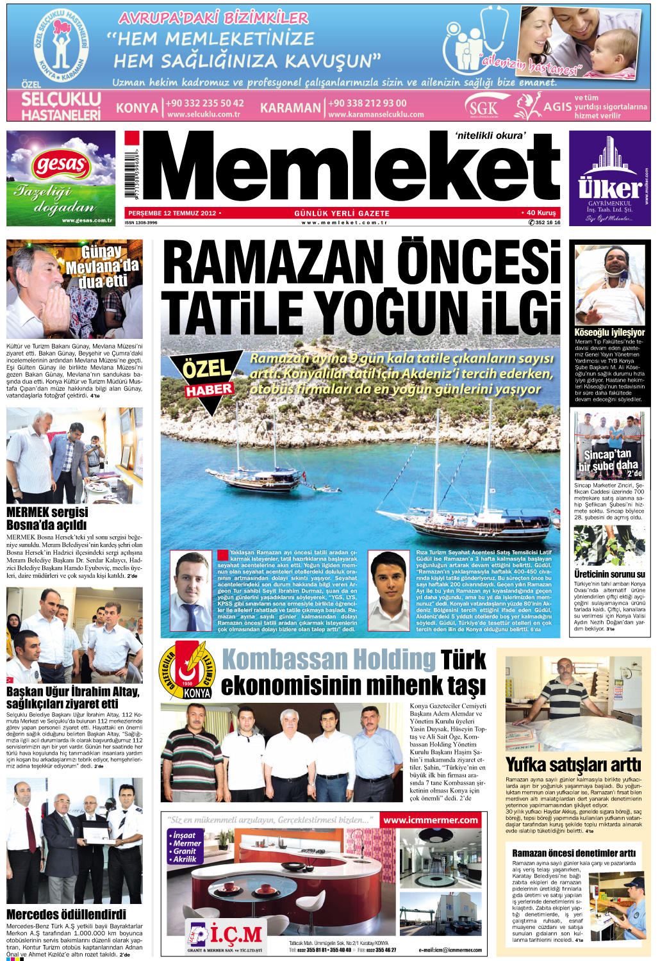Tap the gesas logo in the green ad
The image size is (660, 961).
pos(61,165)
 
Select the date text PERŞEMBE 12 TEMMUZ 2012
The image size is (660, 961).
pos(172,213)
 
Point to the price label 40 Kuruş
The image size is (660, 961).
pos(540,213)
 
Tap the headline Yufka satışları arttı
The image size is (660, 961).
pos(573,765)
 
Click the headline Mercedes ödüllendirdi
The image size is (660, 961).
pos(66,914)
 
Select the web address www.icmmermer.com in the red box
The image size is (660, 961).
pos(431,820)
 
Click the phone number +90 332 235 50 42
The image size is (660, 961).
pos(205,103)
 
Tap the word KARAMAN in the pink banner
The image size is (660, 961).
pos(290,108)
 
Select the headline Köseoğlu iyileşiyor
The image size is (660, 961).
pos(609,333)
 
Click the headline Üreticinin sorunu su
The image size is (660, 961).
pos(609,574)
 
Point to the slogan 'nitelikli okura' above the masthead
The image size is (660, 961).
pos(490,135)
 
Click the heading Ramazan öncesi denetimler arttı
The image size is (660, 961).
pos(573,853)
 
